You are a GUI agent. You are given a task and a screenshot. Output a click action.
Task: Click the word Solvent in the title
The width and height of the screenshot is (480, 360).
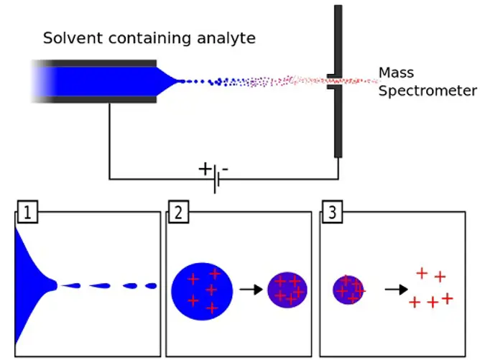(69, 38)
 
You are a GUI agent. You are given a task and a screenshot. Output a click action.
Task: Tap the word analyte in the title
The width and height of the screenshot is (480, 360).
(228, 38)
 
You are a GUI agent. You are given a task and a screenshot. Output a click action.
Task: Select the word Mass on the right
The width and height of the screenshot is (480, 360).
(395, 73)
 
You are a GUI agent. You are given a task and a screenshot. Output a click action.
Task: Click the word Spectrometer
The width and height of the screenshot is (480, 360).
(428, 91)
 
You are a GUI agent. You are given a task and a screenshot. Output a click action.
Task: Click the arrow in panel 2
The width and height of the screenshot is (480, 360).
(249, 290)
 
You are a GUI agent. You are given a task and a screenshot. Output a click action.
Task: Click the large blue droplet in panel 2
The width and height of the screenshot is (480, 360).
(202, 290)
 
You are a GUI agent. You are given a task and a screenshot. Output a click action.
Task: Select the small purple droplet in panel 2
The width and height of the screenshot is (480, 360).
(287, 290)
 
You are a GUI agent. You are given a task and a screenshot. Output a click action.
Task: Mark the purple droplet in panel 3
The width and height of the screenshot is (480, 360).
(349, 290)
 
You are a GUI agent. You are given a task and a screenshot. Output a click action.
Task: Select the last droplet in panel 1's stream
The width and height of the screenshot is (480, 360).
(151, 286)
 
